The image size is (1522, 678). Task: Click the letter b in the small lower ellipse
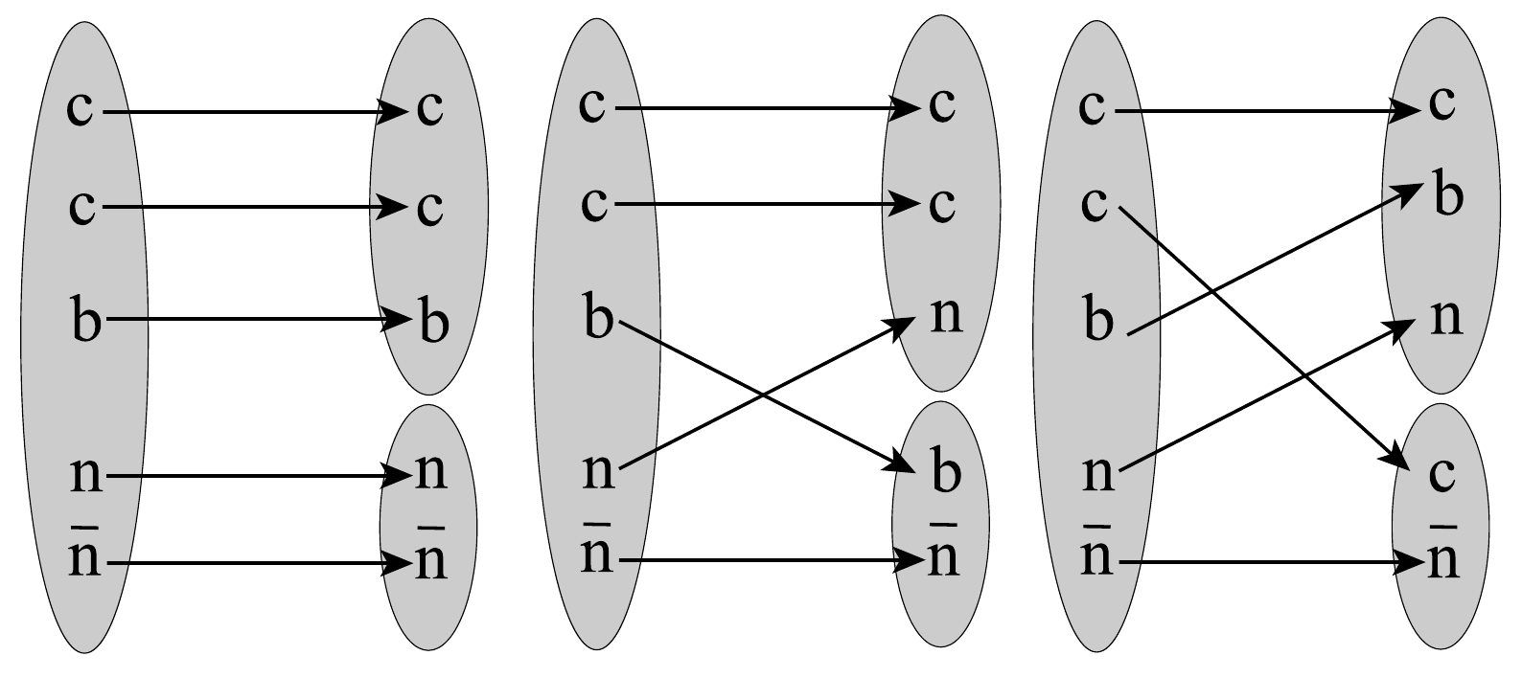click(945, 475)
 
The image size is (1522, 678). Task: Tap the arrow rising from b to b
click(1275, 260)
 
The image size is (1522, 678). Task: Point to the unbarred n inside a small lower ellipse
click(430, 473)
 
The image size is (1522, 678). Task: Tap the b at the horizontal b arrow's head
click(433, 323)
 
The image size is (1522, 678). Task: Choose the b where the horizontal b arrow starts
click(84, 319)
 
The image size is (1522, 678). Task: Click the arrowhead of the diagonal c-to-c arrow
click(1401, 460)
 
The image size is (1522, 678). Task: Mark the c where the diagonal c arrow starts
click(1094, 204)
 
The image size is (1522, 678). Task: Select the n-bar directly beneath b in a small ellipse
click(944, 557)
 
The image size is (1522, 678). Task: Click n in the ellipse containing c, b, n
click(1446, 317)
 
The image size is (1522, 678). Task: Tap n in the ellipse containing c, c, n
click(945, 315)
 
